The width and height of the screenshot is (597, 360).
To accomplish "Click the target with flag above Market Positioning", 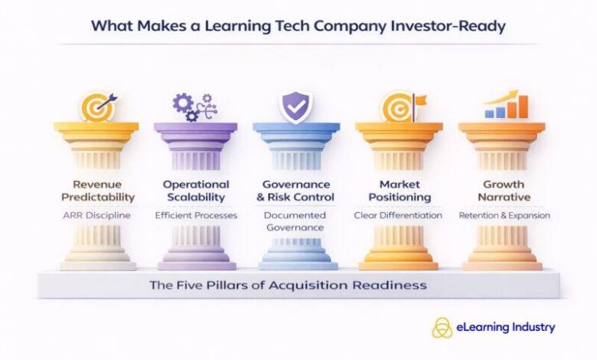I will (400, 106).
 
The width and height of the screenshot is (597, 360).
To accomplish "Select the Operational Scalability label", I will (196, 191).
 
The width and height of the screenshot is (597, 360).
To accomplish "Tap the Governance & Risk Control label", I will (295, 191).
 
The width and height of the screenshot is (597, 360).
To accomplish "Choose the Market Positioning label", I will (398, 191).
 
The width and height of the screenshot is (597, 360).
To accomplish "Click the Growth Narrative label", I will (503, 191).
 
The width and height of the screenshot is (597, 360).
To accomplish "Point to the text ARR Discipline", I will (96, 215).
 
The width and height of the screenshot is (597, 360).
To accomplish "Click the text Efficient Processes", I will (196, 215).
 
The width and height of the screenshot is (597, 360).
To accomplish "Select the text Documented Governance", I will (295, 221).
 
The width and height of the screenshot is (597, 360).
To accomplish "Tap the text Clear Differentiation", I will (398, 215).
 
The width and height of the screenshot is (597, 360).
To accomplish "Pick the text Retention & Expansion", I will (503, 215).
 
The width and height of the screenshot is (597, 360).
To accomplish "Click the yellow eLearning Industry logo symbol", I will (442, 327).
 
